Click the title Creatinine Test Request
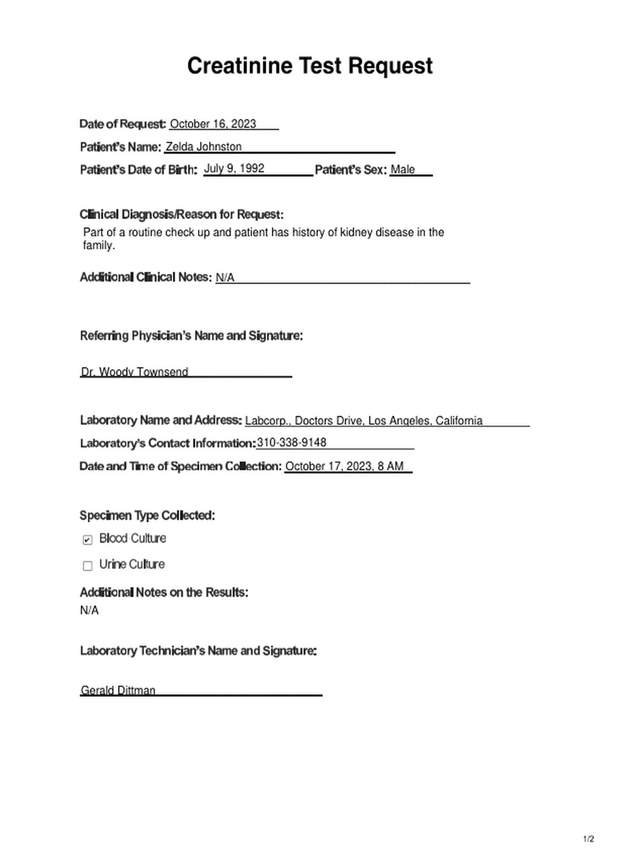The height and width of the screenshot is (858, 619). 309,66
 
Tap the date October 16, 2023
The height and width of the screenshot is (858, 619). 213,124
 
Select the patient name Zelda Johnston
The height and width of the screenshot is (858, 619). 204,147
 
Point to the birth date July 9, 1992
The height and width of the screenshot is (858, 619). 234,168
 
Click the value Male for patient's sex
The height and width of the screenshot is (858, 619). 403,169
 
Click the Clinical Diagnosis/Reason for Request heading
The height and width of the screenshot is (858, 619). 182,214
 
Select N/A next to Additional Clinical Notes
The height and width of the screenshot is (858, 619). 225,277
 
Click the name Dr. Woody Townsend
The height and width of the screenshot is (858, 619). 134,372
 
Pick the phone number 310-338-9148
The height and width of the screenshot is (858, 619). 291,443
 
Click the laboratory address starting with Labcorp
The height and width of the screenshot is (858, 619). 363,421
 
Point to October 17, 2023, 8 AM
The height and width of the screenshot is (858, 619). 344,466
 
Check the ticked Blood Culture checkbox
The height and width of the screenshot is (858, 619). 88,540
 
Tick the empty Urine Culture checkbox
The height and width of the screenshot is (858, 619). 88,565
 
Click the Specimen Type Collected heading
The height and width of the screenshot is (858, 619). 147,515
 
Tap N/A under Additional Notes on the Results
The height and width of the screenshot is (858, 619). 89,611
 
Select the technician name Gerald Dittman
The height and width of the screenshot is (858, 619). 118,690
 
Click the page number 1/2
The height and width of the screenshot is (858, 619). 588,839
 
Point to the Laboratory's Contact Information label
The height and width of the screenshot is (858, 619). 167,443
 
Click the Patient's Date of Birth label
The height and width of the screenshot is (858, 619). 138,170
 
